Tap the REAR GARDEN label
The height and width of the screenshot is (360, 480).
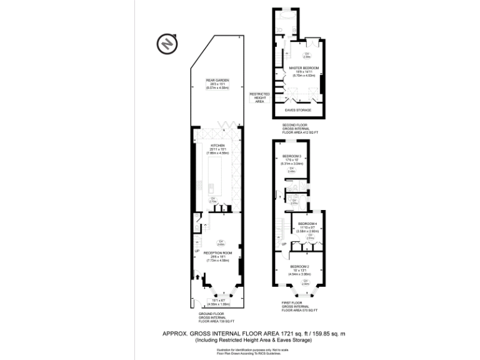point(218,80)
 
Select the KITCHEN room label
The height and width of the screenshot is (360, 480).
point(218,144)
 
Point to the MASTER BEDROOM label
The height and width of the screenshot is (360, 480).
point(304,67)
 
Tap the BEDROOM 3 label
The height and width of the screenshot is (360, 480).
point(292,156)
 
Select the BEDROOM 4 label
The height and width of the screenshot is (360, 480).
point(307,224)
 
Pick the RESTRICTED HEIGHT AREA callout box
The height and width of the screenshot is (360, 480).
point(259,97)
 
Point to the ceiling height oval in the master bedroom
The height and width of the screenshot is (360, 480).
point(299,57)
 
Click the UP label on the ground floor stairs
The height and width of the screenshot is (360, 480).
point(197,251)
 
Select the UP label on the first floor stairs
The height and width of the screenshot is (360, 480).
point(284,244)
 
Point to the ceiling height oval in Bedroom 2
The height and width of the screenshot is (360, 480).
point(306,282)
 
